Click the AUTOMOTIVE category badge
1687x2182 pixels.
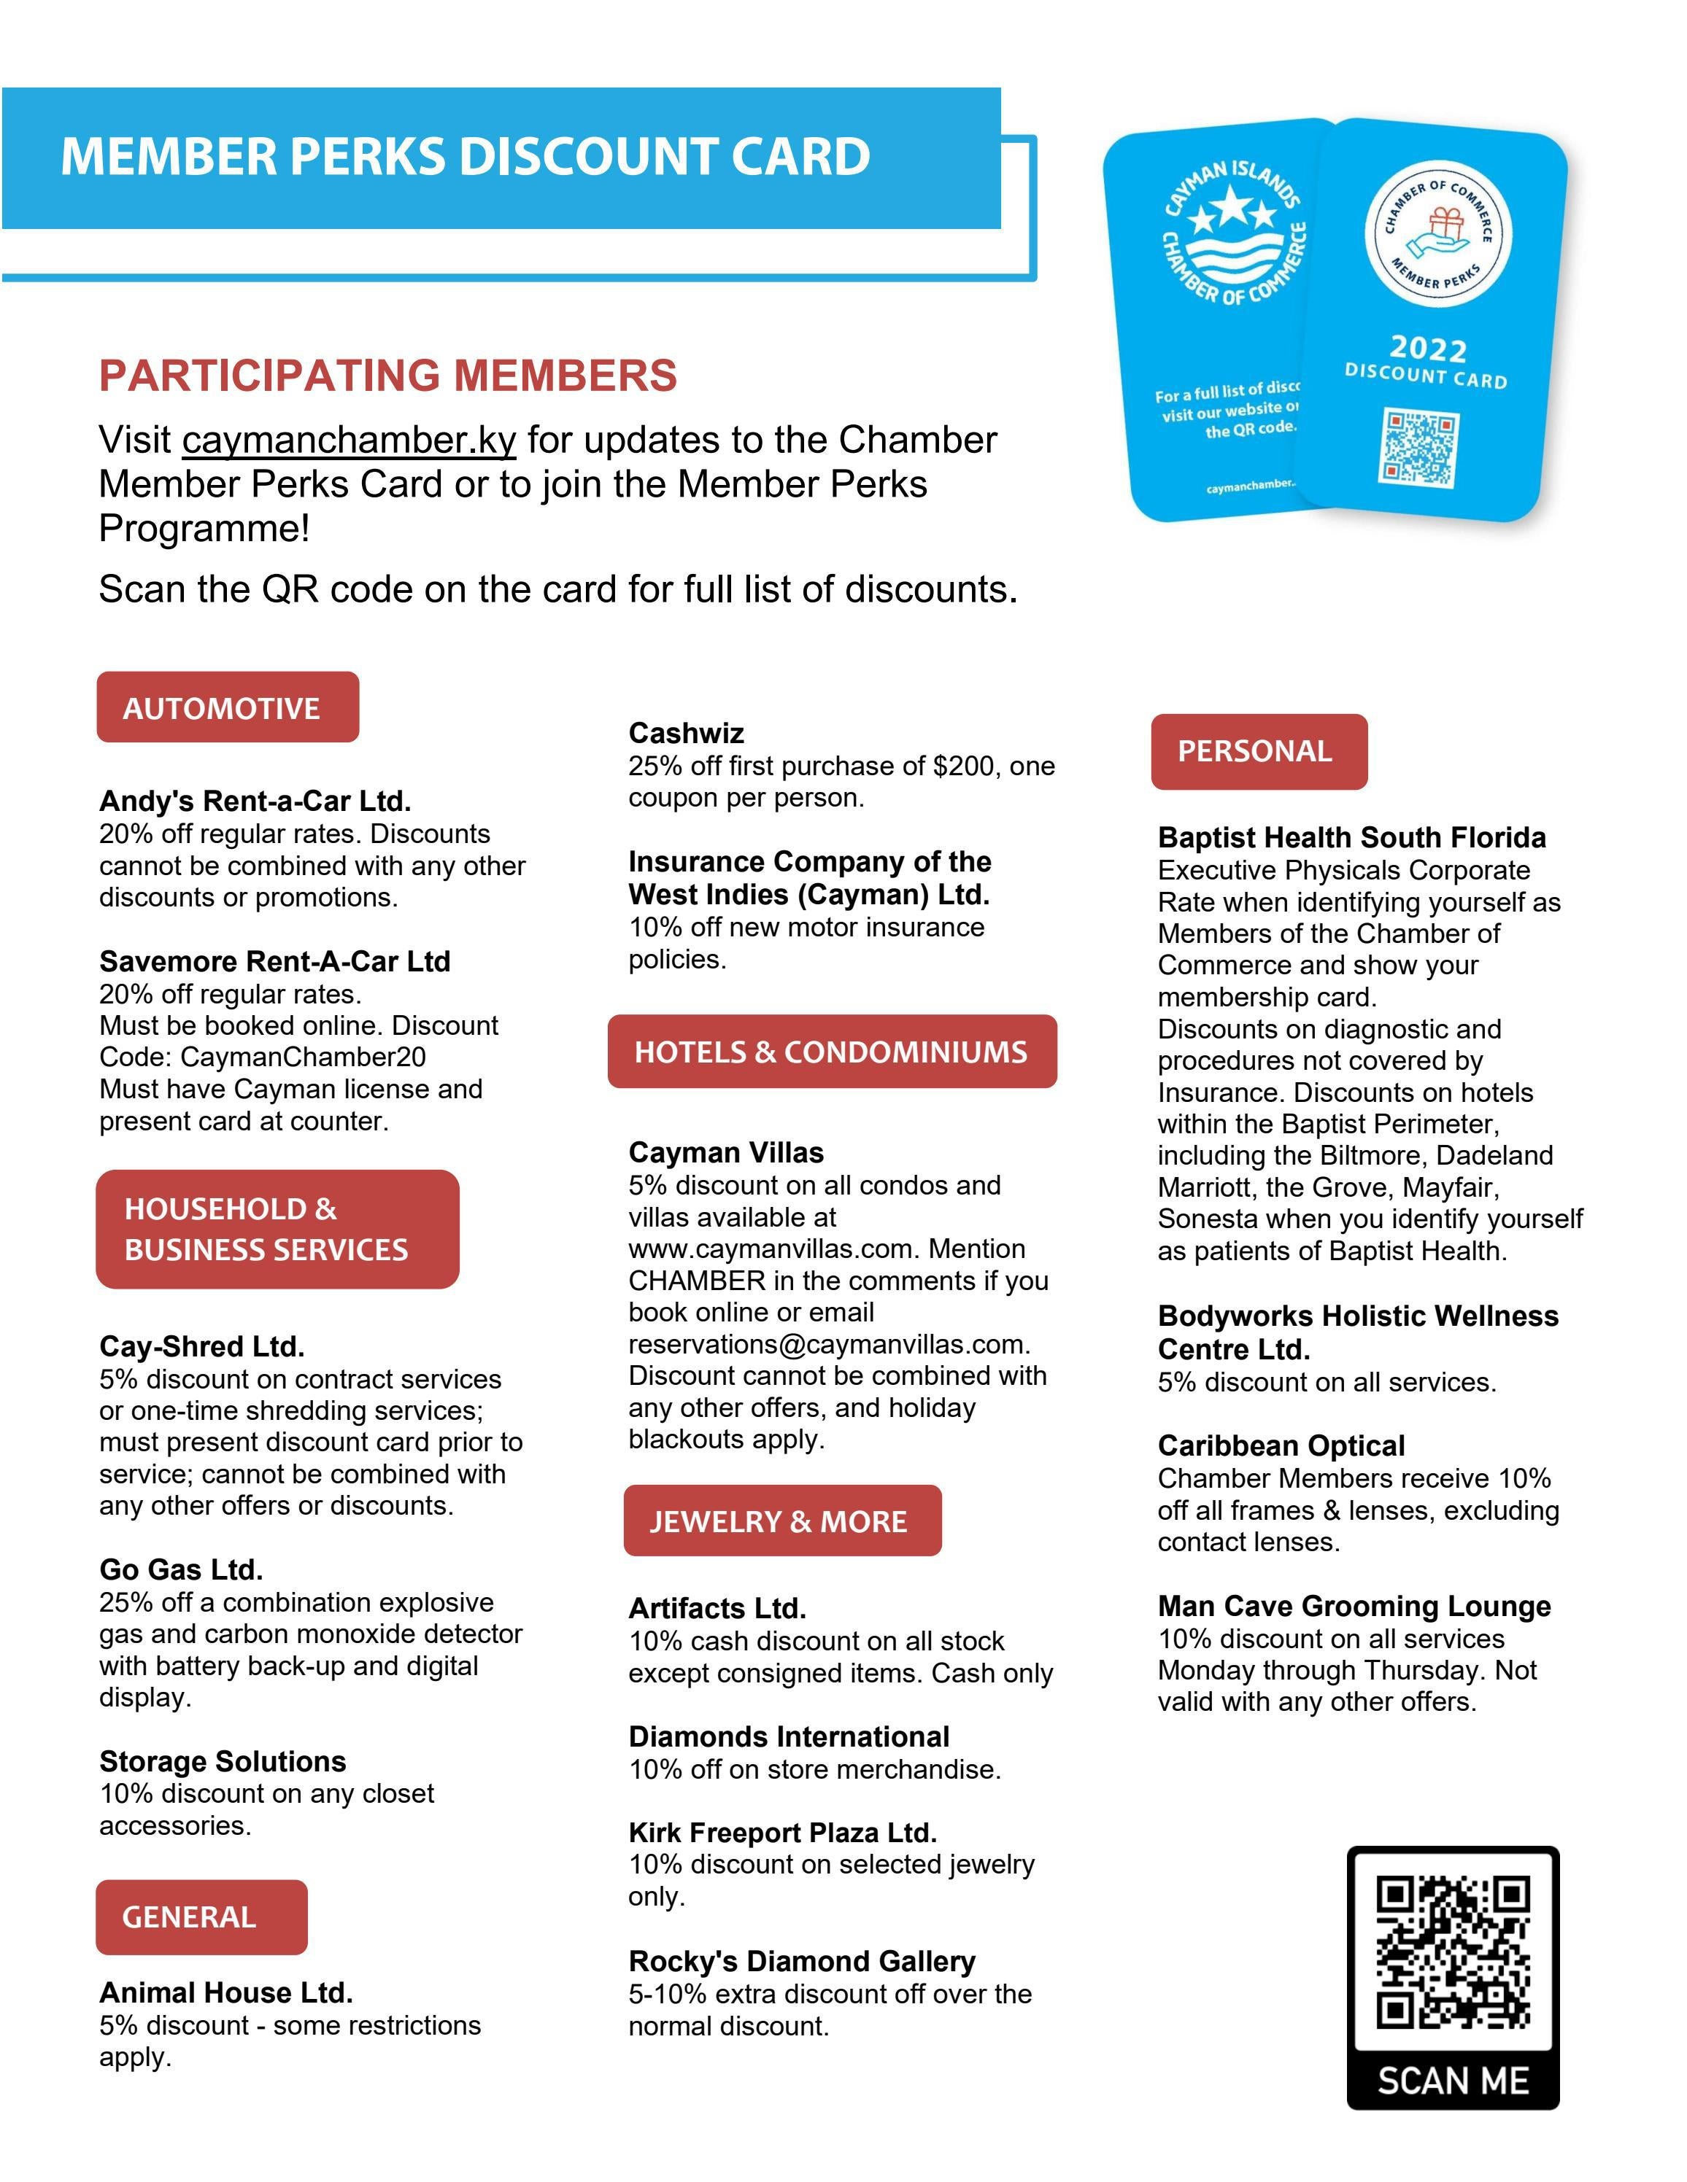(227, 707)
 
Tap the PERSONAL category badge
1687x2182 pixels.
(1258, 751)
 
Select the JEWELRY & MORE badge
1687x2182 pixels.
(781, 1521)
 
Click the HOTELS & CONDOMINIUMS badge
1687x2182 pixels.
(832, 1051)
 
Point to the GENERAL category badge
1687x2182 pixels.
(201, 1917)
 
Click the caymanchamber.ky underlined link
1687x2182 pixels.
(349, 440)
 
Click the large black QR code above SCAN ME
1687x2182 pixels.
(1452, 1953)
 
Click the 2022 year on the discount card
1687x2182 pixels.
(1427, 348)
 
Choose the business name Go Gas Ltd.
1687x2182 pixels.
(181, 1569)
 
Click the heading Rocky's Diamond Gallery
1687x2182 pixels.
(801, 1961)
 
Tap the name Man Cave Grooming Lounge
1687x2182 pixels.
(1354, 1606)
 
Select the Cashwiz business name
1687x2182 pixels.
(686, 732)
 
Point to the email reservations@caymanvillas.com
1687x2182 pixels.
(828, 1344)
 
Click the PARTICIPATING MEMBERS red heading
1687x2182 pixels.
(387, 376)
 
